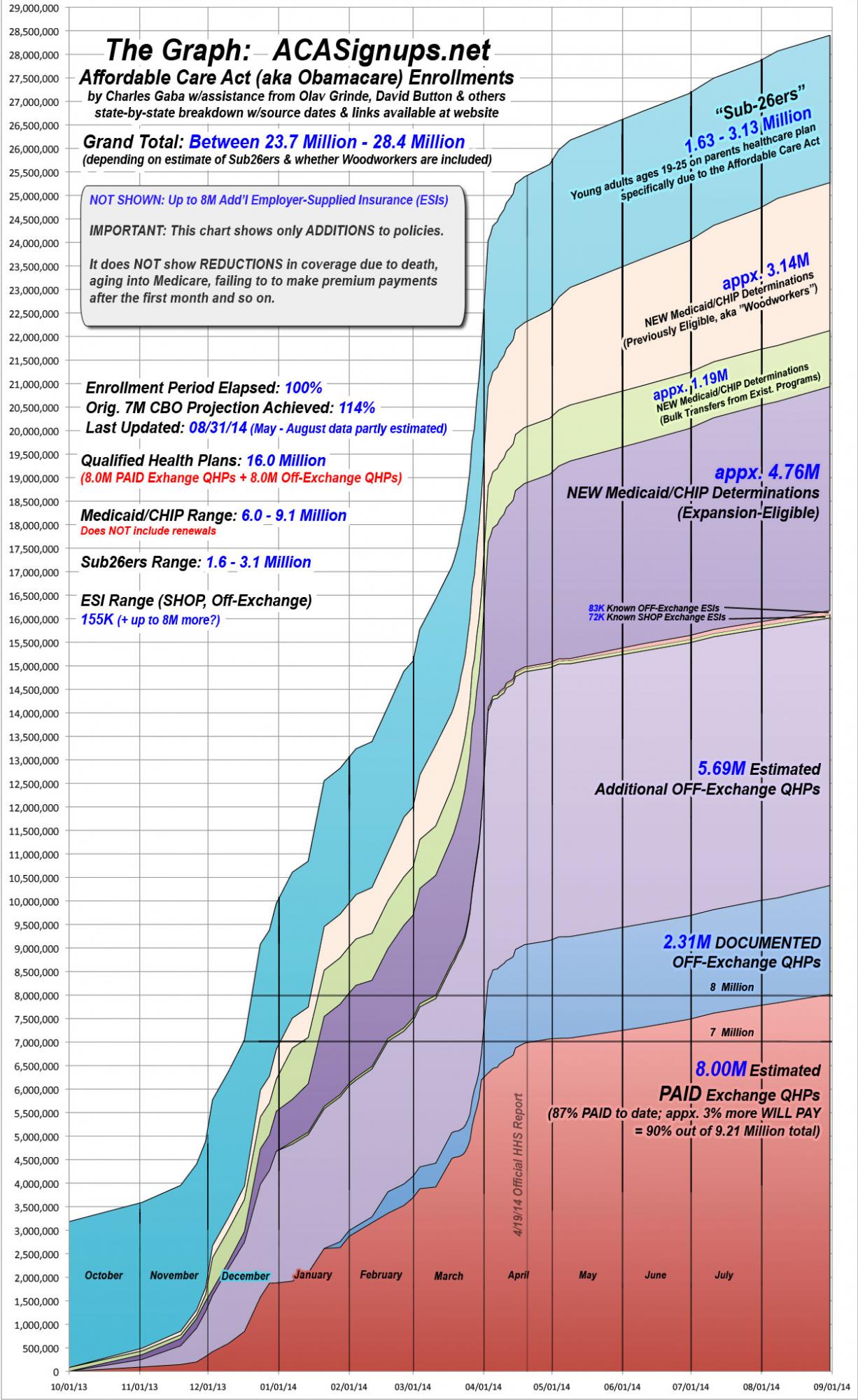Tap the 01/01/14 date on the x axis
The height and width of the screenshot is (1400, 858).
tap(279, 1385)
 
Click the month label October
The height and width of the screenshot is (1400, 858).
tap(104, 1275)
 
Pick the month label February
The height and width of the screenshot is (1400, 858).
tap(381, 1275)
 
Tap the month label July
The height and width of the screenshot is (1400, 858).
tap(724, 1275)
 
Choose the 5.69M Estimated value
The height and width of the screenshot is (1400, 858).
tap(722, 769)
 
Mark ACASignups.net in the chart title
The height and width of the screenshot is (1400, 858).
tap(381, 50)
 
